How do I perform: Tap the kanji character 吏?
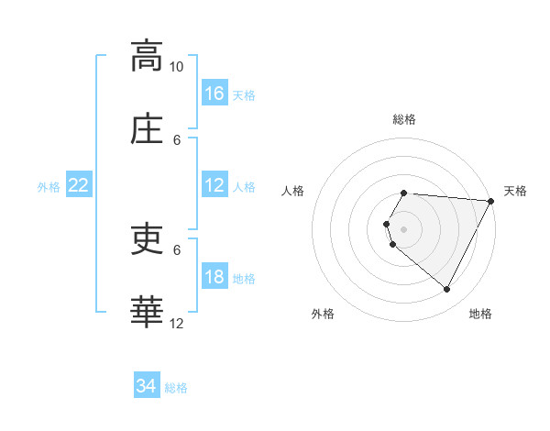147,239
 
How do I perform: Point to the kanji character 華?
147,312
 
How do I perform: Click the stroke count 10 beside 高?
176,67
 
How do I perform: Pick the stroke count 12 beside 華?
177,323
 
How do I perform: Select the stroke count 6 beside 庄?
178,139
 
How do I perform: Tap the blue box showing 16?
214,94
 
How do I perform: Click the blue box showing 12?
214,185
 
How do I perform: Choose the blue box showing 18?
214,277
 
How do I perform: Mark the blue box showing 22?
79,185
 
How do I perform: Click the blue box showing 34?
146,386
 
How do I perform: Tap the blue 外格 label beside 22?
49,187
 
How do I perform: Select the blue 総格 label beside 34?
176,388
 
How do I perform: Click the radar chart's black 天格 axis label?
515,191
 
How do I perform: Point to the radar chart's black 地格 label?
480,314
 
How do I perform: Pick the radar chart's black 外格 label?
323,314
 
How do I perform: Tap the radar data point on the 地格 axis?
447,290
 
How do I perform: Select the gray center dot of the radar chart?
403,228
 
